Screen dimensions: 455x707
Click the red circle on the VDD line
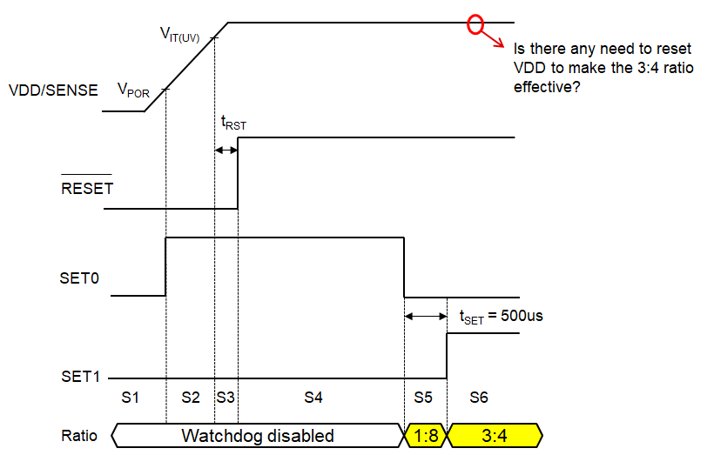click(x=475, y=23)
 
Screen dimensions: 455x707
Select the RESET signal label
click(x=86, y=187)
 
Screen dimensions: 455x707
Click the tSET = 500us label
click(x=501, y=316)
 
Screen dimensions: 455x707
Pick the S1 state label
click(x=131, y=398)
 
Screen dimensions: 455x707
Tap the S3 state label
click(x=226, y=398)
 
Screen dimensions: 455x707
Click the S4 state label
click(x=313, y=398)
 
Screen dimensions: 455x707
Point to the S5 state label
click(x=423, y=398)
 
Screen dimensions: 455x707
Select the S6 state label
click(x=478, y=398)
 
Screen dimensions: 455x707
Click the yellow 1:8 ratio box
click(x=426, y=434)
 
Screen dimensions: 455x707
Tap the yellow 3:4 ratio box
click(x=495, y=434)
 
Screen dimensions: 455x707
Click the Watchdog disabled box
click(x=257, y=434)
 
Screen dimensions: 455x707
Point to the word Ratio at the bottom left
click(x=79, y=435)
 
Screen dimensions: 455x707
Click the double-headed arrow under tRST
click(x=226, y=151)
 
